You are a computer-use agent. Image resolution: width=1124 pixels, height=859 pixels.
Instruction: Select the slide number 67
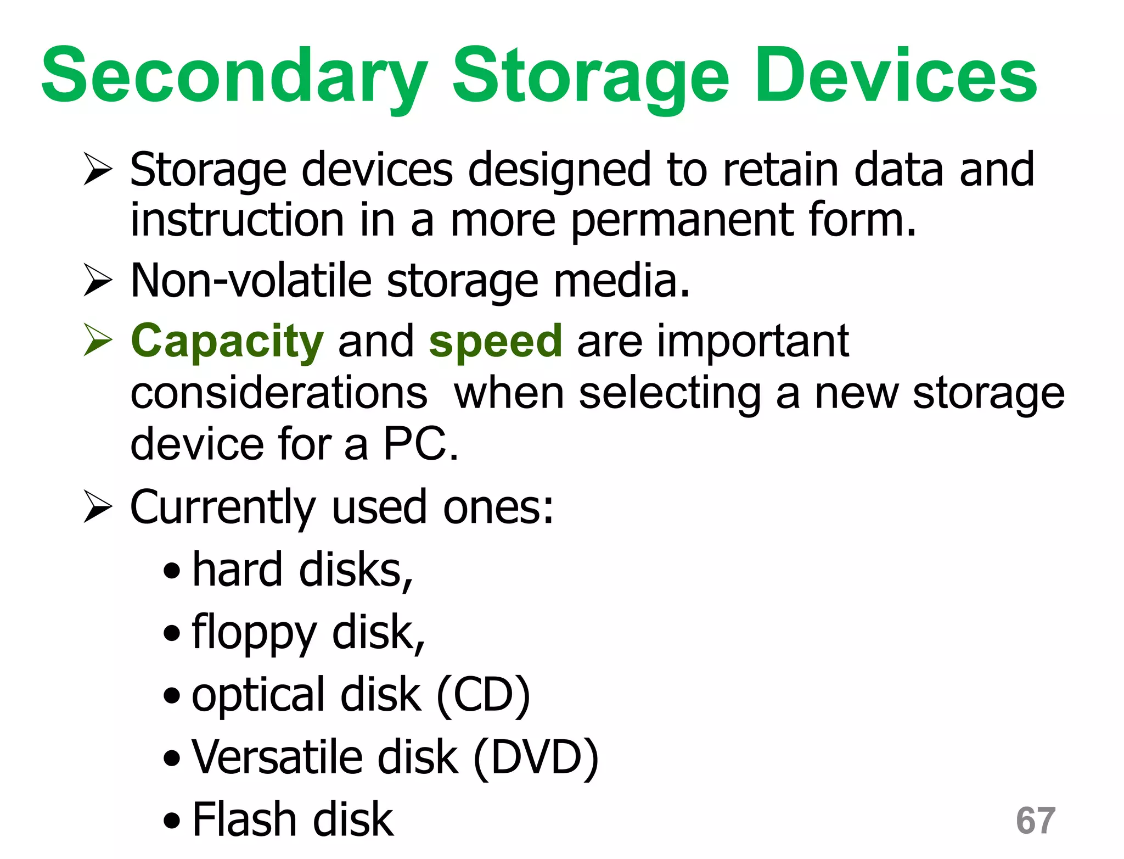[x=1035, y=821]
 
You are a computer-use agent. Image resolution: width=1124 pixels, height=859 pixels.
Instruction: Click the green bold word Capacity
[x=227, y=342]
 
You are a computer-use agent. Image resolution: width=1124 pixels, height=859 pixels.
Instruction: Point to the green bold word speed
[x=495, y=342]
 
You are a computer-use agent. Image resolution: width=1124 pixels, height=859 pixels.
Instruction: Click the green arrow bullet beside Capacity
[x=98, y=339]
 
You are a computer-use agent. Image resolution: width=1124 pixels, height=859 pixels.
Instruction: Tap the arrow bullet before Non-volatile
[x=98, y=280]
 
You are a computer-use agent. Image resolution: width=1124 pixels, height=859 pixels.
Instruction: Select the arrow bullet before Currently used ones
[x=98, y=506]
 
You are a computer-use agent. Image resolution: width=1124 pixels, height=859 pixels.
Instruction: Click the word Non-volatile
[x=251, y=281]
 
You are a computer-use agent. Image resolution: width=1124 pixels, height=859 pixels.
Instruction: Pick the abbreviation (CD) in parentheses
[x=483, y=695]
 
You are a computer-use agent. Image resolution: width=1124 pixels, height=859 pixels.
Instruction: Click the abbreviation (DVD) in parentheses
[x=535, y=758]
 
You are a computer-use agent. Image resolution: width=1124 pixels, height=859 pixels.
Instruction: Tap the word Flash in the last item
[x=244, y=819]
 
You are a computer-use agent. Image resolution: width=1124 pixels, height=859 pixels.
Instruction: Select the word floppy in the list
[x=254, y=634]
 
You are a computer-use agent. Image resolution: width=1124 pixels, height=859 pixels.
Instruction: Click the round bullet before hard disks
[x=172, y=571]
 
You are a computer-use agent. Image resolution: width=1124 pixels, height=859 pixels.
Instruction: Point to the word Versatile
[x=277, y=758]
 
